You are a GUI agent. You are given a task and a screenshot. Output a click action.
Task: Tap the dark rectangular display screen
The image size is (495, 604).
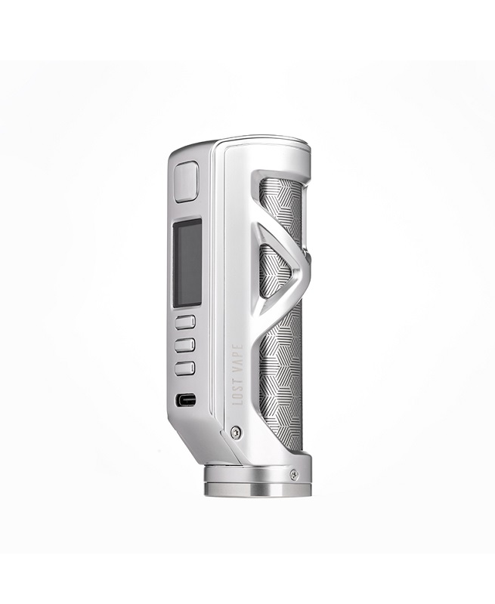187,263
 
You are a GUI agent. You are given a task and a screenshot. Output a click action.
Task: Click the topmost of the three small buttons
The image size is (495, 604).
185,322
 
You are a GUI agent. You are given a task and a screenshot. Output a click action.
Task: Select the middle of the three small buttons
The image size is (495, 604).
185,345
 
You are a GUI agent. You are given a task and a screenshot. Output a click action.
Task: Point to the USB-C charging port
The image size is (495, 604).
185,399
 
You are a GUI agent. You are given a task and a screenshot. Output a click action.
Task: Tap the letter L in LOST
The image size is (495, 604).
239,402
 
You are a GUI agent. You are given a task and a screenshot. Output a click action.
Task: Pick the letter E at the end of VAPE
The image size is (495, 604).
239,345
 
